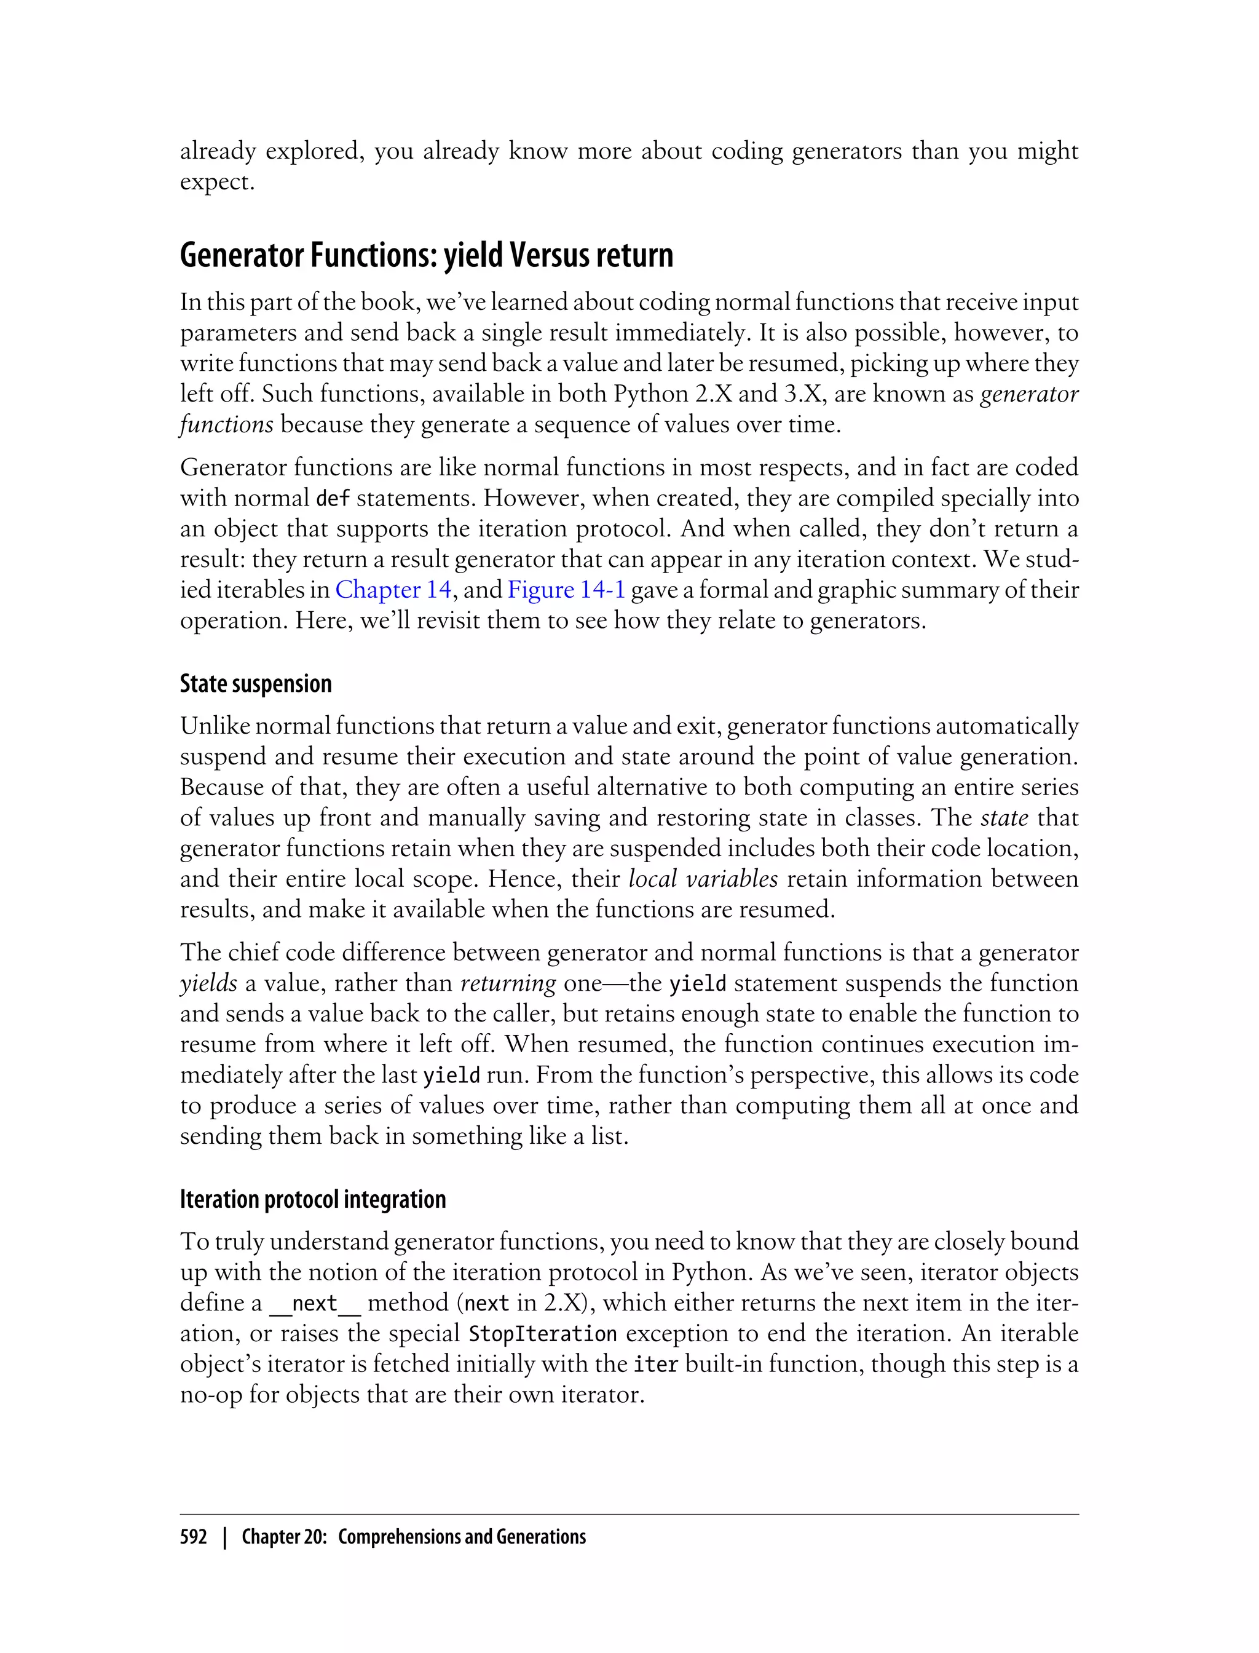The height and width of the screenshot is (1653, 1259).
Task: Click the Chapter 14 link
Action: (x=393, y=590)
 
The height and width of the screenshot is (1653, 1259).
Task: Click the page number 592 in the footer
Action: (x=194, y=1537)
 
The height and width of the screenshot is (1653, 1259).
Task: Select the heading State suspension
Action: (x=256, y=684)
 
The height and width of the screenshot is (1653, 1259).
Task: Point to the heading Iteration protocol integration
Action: (x=312, y=1199)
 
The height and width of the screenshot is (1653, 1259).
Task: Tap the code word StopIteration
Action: (x=543, y=1334)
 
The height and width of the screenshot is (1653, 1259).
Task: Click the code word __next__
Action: (x=315, y=1304)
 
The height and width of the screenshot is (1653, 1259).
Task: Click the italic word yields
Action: (x=208, y=983)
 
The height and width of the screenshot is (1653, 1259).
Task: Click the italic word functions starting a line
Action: (x=226, y=425)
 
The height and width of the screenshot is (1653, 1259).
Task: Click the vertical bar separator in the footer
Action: (x=224, y=1537)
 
